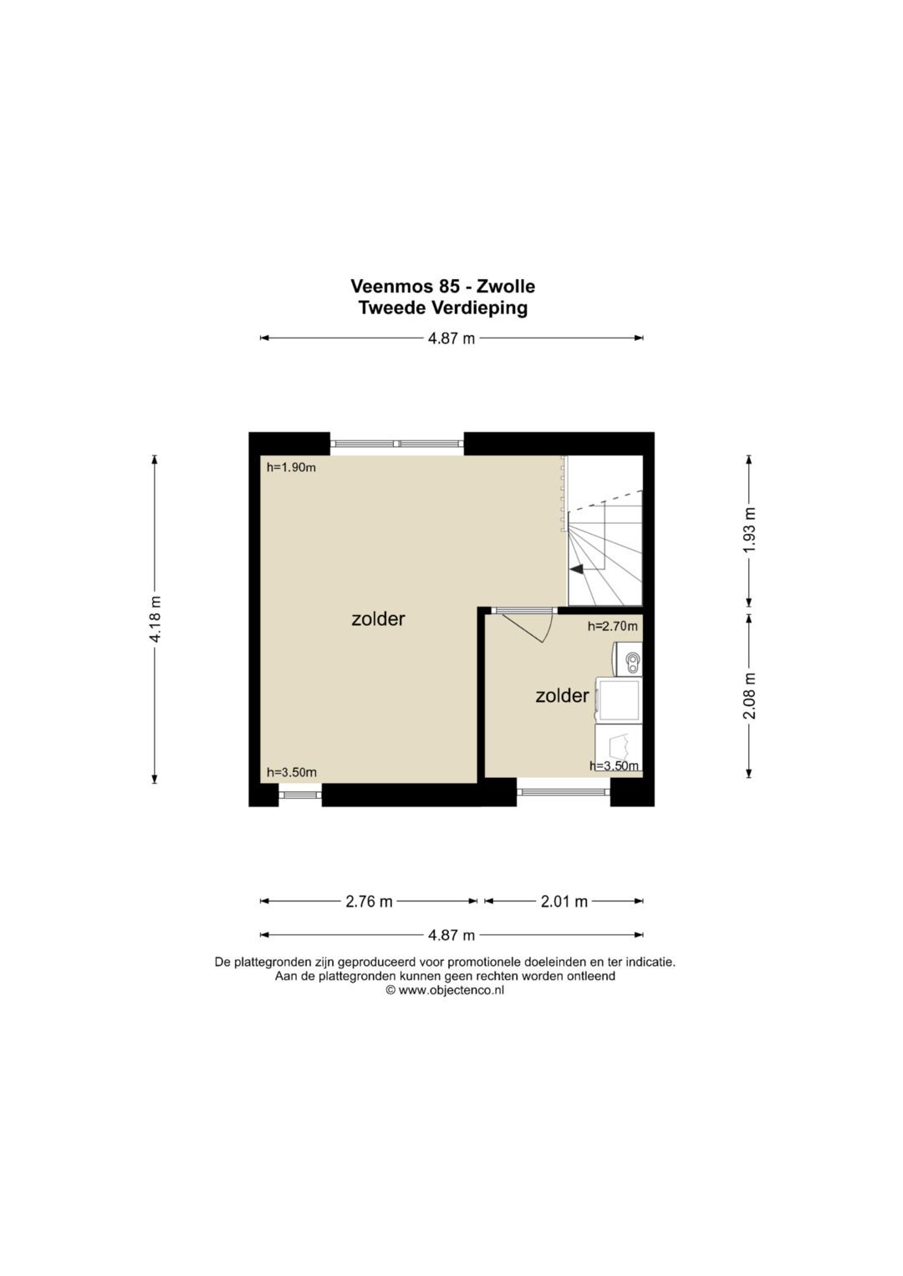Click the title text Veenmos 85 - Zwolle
click(443, 286)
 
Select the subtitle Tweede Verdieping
click(443, 308)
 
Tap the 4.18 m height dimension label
click(155, 619)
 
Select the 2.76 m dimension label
click(369, 901)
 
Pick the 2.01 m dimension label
click(564, 901)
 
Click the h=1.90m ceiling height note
click(291, 468)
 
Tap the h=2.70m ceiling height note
click(613, 627)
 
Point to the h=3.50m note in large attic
click(292, 772)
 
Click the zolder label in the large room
click(378, 618)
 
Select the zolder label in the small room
click(562, 695)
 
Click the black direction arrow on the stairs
click(576, 568)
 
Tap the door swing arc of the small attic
click(548, 628)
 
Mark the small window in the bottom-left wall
click(300, 795)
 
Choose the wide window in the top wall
click(397, 444)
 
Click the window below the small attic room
click(564, 791)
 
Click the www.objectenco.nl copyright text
click(445, 990)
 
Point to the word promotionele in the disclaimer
click(482, 962)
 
